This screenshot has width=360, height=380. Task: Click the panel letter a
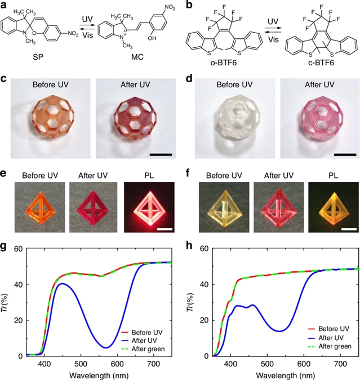click(4, 6)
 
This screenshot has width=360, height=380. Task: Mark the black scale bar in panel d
click(344, 153)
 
